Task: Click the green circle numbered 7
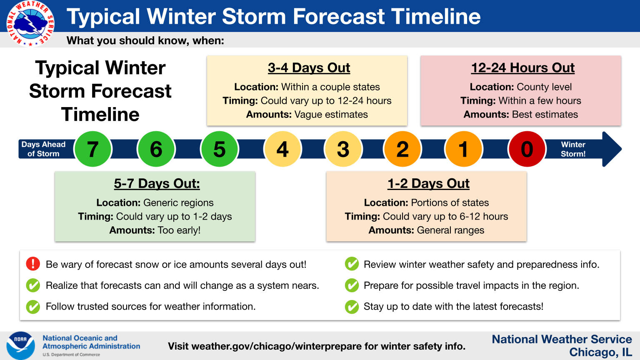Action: (x=92, y=149)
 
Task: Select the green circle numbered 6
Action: (x=156, y=149)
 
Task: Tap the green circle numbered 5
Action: (x=220, y=149)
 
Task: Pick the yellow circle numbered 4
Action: (x=282, y=149)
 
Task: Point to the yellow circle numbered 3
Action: (x=343, y=149)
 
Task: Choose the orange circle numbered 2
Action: (x=402, y=149)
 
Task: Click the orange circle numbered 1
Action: (x=464, y=149)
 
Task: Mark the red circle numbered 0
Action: (x=527, y=149)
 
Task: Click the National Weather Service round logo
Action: (x=30, y=23)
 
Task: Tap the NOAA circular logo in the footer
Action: (x=20, y=345)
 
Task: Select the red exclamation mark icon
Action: (x=33, y=264)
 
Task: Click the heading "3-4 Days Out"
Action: (x=309, y=68)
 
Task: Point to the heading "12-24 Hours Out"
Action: (x=523, y=68)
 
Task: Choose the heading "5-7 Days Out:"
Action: (x=157, y=183)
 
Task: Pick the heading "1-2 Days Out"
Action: (x=428, y=183)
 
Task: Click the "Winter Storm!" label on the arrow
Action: (x=573, y=149)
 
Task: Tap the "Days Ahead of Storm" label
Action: (x=43, y=149)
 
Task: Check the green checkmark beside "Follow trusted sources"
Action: (x=33, y=307)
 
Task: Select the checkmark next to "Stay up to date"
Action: (x=352, y=307)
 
